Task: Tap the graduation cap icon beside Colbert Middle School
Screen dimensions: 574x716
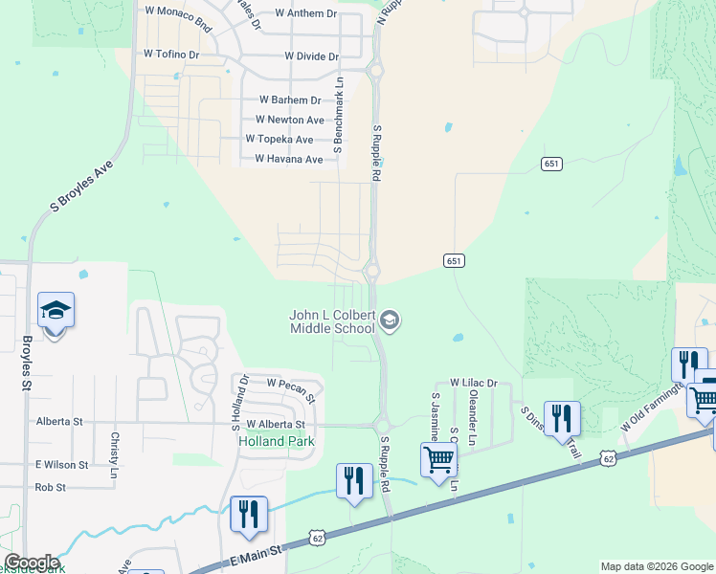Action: tap(389, 320)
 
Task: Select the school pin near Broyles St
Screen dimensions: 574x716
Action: tap(56, 312)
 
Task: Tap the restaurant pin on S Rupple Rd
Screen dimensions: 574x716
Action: tap(354, 480)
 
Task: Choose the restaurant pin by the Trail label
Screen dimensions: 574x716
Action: tap(562, 418)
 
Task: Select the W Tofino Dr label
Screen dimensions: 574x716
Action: tap(170, 55)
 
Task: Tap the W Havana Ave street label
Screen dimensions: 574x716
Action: tap(288, 159)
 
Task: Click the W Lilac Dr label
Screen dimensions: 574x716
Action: tap(474, 383)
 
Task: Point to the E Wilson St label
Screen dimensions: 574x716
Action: tap(61, 464)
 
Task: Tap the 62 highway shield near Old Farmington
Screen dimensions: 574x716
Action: tap(610, 459)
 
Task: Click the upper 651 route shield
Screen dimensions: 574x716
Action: tap(549, 164)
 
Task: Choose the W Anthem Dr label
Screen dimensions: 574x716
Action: tap(305, 13)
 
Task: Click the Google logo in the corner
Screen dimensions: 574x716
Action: tap(32, 562)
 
